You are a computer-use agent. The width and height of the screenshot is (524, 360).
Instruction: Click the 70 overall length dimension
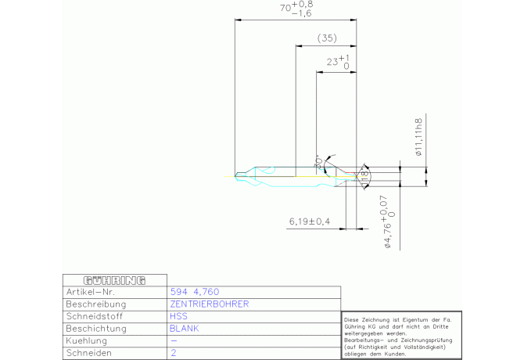(x=296, y=9)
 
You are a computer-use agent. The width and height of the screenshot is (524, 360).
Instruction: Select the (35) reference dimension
(x=328, y=38)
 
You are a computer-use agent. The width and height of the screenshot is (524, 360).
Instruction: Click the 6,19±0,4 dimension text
(x=310, y=222)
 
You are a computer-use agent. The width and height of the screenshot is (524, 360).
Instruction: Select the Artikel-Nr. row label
(x=91, y=291)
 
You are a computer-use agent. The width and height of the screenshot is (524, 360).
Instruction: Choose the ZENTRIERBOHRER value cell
(x=209, y=304)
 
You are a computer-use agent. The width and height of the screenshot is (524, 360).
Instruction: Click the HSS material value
(x=178, y=316)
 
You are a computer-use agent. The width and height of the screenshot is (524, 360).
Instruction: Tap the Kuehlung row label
(x=88, y=341)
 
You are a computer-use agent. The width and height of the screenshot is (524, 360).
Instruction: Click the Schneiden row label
(x=89, y=354)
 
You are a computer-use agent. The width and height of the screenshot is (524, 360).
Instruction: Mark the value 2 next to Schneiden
(x=173, y=354)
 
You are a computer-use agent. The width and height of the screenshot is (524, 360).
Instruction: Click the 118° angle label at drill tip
(x=364, y=178)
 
